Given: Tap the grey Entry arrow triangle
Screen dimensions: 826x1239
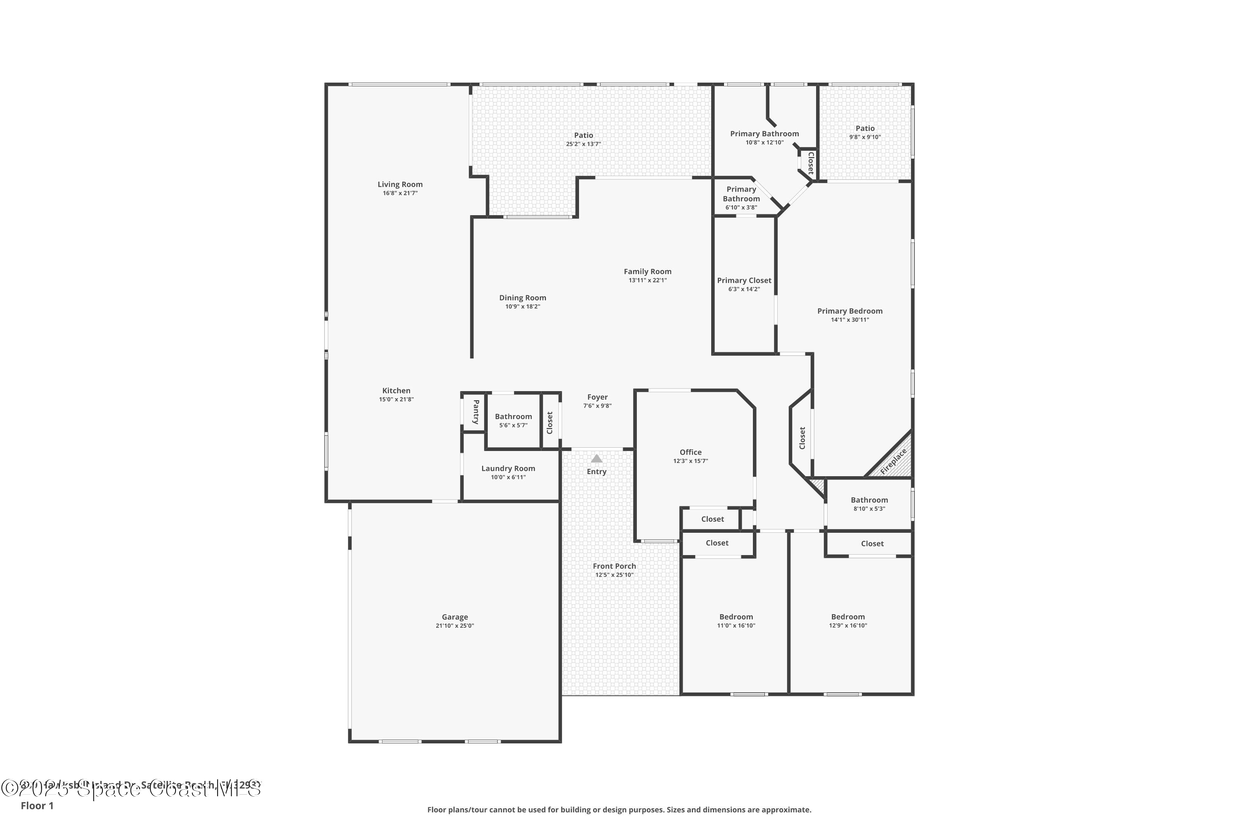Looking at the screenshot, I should click(x=596, y=458).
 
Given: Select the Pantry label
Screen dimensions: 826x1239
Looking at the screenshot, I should click(x=476, y=412).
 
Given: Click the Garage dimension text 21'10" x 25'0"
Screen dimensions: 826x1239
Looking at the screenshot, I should click(x=455, y=626).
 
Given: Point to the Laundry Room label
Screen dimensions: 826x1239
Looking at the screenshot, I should click(x=508, y=468).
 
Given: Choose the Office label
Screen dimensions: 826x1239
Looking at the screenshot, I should click(x=690, y=452).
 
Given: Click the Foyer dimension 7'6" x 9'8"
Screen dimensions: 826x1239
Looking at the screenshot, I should click(x=597, y=406).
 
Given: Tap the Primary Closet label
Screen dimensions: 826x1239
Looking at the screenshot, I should click(x=744, y=280).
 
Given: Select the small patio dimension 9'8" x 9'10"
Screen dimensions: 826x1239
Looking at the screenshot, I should click(x=864, y=137).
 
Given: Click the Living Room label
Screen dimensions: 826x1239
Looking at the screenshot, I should click(x=400, y=184).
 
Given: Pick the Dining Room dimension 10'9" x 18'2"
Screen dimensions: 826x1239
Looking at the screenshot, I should click(x=522, y=306).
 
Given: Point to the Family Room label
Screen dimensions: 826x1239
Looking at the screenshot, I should click(x=648, y=272).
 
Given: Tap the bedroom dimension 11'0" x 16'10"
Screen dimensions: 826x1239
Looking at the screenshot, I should click(x=736, y=626).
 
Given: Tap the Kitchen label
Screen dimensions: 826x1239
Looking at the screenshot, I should click(x=396, y=391).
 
